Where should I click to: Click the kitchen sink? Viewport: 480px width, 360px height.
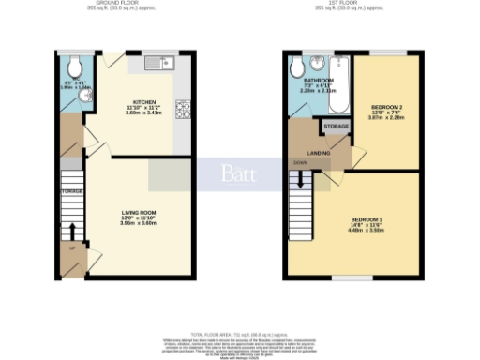[x=160, y=64]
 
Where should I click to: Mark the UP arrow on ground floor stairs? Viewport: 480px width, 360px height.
[x=72, y=229]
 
